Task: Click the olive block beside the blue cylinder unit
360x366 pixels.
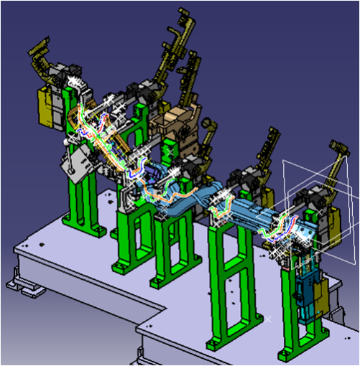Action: pyautogui.click(x=323, y=294)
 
